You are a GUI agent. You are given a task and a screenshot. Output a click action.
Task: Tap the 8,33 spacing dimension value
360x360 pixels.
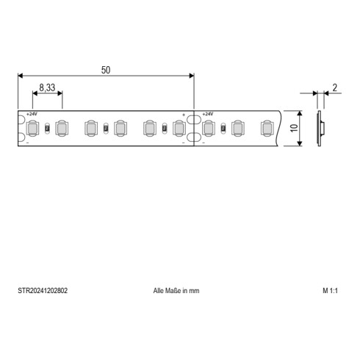tap(47, 87)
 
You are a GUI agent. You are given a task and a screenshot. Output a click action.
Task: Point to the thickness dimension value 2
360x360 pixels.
tap(334, 87)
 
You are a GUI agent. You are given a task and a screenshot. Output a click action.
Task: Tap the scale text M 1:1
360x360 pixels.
tap(329, 291)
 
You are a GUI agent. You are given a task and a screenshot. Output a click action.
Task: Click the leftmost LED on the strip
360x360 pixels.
tap(33, 129)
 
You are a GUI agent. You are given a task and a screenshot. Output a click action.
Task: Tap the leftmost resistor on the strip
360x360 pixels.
tap(47, 129)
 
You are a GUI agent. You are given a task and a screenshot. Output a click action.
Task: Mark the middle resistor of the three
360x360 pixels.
tap(106, 129)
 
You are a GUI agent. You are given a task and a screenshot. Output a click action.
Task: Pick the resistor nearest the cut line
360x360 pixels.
tap(164, 129)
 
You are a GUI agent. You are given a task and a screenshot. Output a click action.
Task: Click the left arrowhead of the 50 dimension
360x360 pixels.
tap(21, 75)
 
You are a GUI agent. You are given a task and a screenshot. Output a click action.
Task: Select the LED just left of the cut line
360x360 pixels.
tap(178, 129)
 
